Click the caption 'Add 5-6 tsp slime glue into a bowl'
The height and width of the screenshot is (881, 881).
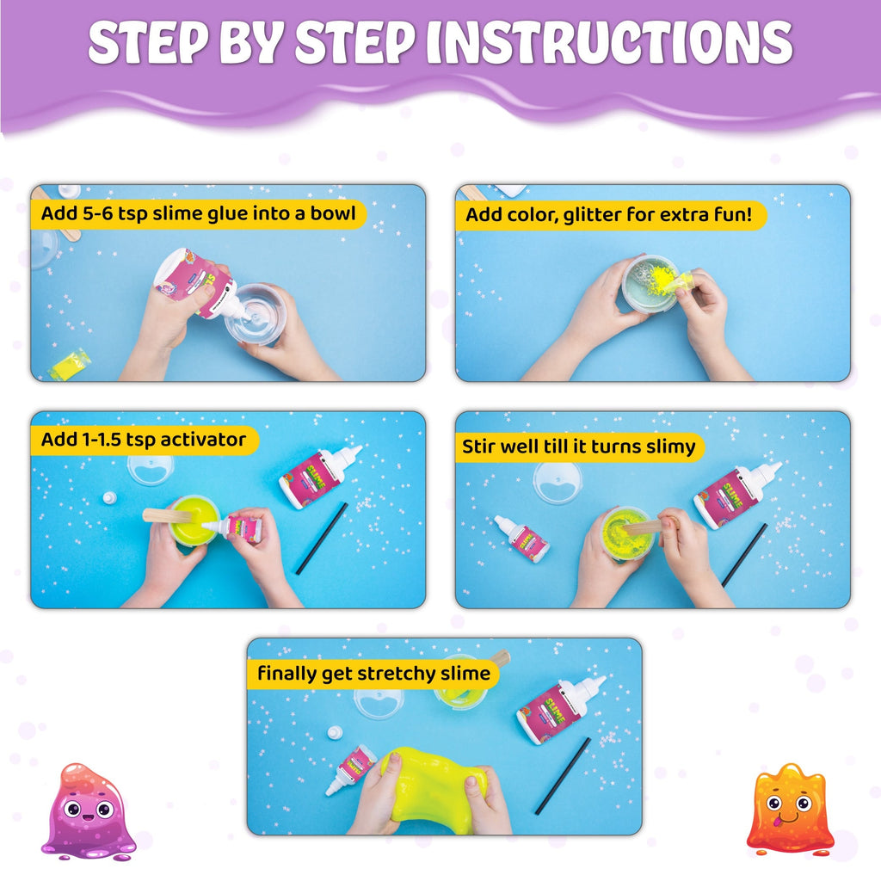tap(198, 214)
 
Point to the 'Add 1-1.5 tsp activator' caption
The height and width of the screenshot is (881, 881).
tap(144, 440)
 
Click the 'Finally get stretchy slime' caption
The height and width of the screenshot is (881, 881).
tap(373, 674)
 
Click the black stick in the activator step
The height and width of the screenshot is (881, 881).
tap(322, 539)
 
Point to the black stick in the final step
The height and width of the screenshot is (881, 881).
tap(563, 775)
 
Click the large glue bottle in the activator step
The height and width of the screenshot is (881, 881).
tap(319, 476)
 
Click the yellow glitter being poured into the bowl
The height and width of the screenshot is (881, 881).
tap(663, 279)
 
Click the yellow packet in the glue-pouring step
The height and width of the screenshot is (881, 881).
tap(66, 366)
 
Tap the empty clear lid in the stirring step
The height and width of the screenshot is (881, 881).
tap(558, 483)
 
